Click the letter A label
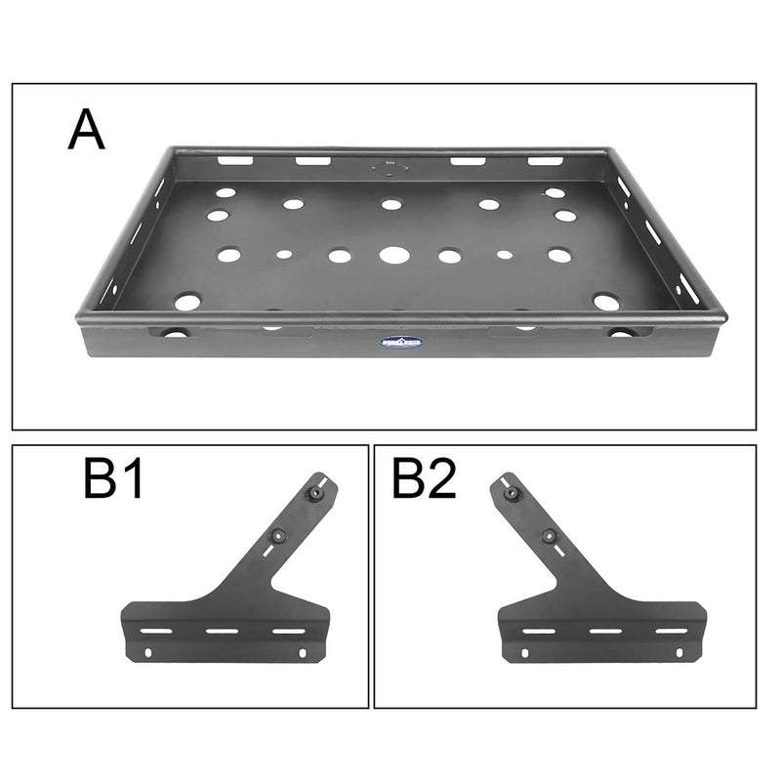(x=86, y=132)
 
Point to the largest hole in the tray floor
(x=394, y=256)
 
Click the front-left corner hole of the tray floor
(x=187, y=303)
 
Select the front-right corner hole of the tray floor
(x=605, y=303)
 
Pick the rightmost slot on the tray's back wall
(x=546, y=161)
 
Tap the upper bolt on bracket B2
(x=510, y=494)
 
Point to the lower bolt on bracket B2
(x=550, y=535)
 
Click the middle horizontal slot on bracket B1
(x=221, y=633)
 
